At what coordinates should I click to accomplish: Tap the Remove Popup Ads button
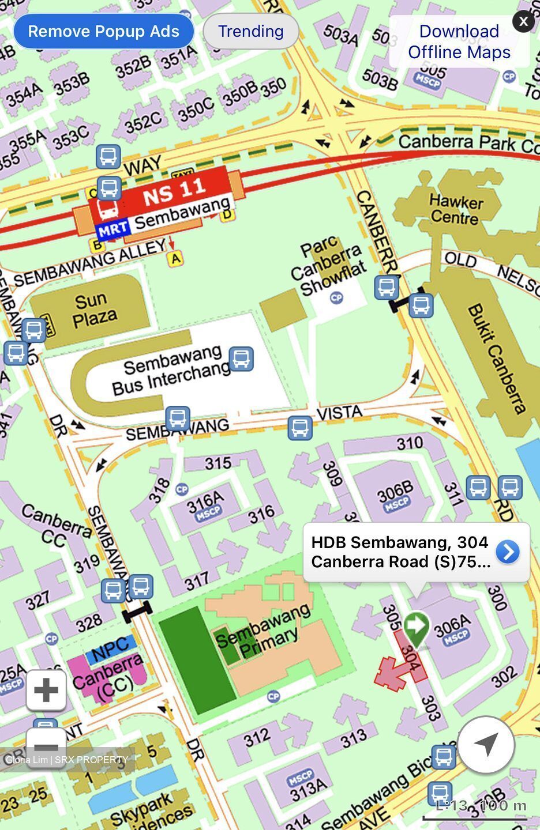click(x=103, y=31)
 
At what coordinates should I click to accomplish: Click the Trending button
click(x=250, y=31)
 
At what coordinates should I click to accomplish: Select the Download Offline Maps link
click(x=459, y=41)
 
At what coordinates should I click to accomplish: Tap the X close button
click(x=523, y=22)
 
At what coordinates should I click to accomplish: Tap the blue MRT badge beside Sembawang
click(x=112, y=229)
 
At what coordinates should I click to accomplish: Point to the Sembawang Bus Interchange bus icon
click(x=241, y=359)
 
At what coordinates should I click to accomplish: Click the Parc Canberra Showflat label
click(x=328, y=268)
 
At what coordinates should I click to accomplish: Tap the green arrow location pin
click(x=416, y=628)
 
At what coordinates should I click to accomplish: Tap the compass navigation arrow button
click(x=486, y=744)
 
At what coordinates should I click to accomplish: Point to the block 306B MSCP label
click(x=395, y=496)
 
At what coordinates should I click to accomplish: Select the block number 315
click(x=217, y=463)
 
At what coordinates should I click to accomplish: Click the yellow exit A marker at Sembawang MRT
click(x=175, y=259)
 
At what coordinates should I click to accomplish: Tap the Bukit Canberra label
click(x=497, y=358)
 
